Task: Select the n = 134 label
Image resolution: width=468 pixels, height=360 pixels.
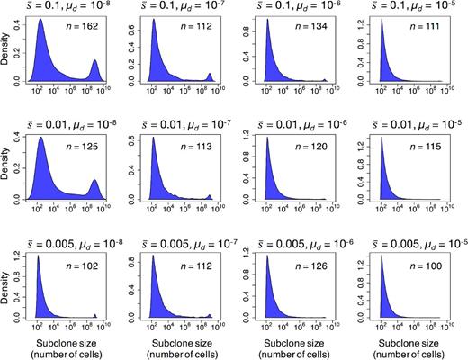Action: tap(308, 31)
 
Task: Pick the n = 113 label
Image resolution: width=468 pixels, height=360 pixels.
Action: tap(195, 148)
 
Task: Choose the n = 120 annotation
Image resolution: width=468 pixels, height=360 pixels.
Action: tap(308, 148)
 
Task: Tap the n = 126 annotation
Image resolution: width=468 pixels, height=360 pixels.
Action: tap(308, 266)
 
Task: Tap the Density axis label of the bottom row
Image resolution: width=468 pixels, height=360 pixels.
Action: tap(8, 286)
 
